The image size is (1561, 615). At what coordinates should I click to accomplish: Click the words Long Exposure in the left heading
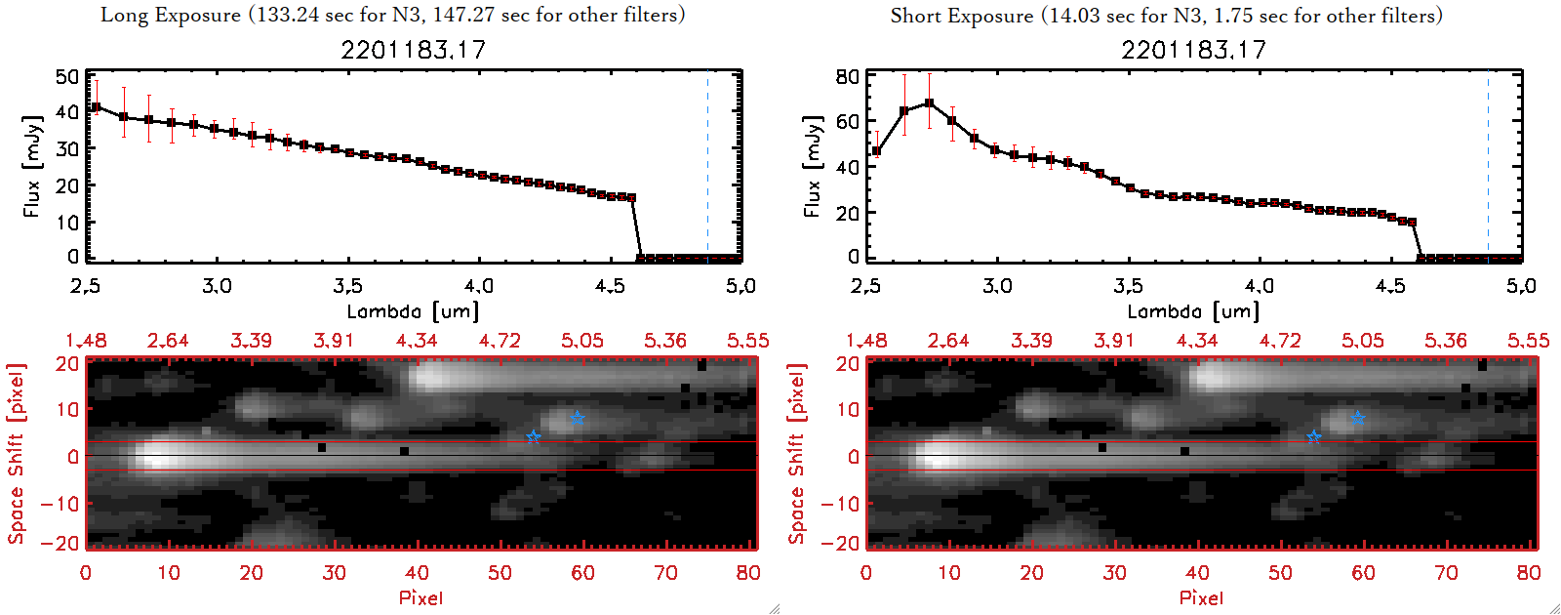(170, 15)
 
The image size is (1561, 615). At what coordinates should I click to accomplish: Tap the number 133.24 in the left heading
(289, 15)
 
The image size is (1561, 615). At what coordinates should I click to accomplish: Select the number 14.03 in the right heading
(1077, 16)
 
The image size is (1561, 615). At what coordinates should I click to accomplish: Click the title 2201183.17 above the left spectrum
(413, 50)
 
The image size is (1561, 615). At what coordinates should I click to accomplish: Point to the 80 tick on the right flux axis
(848, 77)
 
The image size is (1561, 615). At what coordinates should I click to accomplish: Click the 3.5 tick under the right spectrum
(1128, 286)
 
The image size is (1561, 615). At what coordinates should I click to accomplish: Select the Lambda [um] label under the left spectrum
(413, 311)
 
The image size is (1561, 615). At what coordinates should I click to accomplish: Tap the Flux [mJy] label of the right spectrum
(812, 166)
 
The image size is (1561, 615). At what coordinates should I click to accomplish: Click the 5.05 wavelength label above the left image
(582, 341)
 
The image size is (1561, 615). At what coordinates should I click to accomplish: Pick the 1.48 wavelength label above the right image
(866, 341)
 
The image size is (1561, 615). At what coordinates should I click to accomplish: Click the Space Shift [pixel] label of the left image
(17, 454)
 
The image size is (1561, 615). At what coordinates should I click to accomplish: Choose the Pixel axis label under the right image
(1201, 597)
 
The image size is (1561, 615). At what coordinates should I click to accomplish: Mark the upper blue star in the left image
(578, 418)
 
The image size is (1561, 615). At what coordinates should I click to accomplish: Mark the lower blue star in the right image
(1313, 436)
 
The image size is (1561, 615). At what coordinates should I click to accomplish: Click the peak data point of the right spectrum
(929, 102)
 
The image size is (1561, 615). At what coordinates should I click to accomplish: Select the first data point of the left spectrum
(96, 107)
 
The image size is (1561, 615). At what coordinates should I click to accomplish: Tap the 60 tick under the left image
(582, 573)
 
